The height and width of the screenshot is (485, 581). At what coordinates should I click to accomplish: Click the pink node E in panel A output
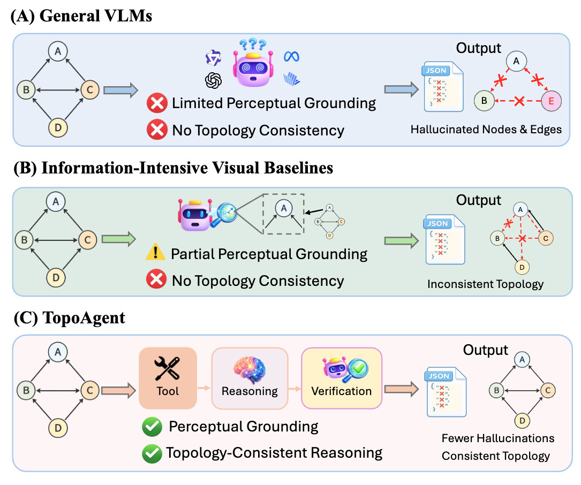551,101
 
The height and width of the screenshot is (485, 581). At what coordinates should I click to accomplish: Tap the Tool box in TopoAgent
168,378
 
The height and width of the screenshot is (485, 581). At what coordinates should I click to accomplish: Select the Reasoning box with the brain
250,378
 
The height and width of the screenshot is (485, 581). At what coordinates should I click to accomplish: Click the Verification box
342,378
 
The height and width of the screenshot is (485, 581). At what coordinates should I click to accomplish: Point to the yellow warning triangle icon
156,252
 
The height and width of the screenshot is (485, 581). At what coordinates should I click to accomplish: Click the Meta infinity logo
292,56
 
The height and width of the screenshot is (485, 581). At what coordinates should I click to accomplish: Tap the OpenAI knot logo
214,80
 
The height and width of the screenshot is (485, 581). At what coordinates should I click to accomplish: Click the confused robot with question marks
253,63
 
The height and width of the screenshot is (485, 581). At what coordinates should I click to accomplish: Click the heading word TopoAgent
84,317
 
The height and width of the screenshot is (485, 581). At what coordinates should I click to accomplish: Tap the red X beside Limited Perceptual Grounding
157,103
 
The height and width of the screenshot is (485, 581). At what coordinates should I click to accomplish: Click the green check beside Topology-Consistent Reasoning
152,453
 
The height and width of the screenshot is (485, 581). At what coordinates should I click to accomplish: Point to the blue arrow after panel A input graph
121,90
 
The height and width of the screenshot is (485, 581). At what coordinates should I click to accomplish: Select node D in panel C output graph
522,421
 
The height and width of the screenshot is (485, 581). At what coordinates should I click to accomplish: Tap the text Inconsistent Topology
485,284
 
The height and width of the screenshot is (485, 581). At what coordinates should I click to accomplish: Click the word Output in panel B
478,200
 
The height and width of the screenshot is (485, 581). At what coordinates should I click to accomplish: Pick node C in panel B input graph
88,240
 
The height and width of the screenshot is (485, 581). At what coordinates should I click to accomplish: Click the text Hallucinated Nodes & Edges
486,130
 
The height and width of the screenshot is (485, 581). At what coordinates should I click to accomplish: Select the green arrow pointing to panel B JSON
401,241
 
